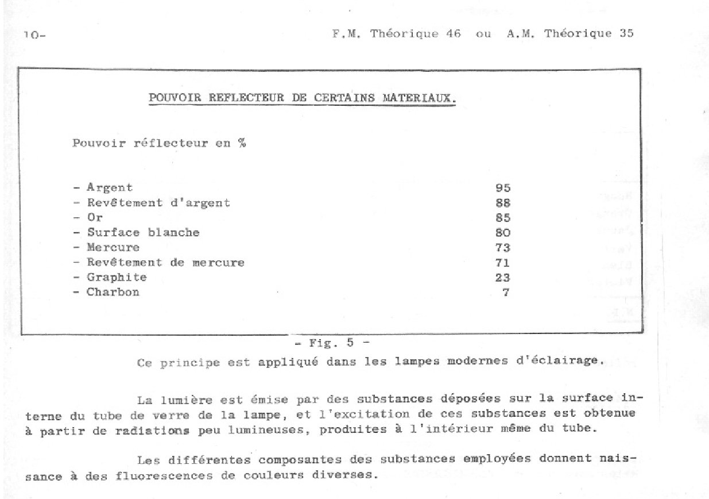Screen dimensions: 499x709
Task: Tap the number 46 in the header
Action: click(453, 33)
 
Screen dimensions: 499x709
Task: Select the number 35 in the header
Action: click(626, 33)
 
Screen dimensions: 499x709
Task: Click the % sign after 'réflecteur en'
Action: click(242, 143)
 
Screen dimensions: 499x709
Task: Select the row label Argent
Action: click(109, 187)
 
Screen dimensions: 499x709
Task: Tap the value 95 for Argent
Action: click(502, 188)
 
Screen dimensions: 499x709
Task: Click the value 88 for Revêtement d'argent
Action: click(502, 203)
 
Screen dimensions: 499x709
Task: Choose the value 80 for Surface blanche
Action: click(502, 233)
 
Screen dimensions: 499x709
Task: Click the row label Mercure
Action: click(113, 248)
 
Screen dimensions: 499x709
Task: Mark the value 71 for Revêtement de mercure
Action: click(502, 263)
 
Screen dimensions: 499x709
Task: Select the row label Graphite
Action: click(117, 277)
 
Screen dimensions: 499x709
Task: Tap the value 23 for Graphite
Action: click(502, 278)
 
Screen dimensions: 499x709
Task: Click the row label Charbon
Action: click(113, 292)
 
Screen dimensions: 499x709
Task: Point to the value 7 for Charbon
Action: click(506, 292)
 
